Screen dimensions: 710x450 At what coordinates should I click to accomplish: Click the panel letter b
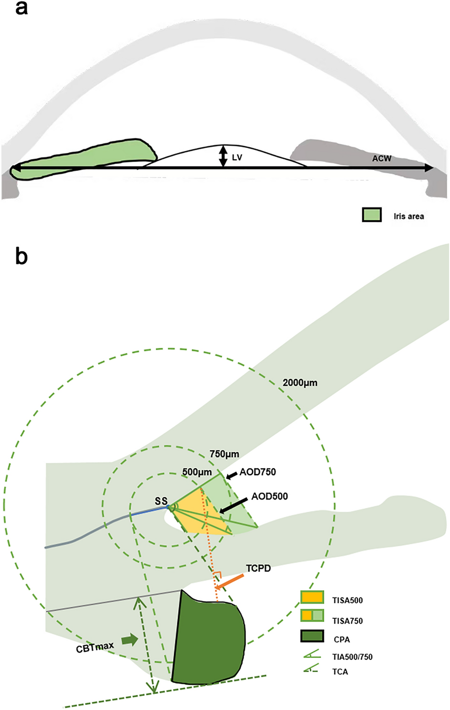(21, 256)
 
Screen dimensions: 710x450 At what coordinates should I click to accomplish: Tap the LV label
(237, 157)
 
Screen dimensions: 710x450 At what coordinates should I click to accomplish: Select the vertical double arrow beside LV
(223, 157)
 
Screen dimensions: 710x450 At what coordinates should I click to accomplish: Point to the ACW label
(381, 158)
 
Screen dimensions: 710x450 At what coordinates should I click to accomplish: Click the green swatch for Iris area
(372, 215)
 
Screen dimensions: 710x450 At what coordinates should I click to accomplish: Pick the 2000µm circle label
(300, 383)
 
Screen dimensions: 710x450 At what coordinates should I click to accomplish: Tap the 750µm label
(224, 454)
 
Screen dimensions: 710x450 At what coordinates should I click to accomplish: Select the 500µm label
(197, 472)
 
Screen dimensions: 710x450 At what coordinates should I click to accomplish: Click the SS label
(161, 501)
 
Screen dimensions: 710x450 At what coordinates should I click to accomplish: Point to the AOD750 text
(257, 472)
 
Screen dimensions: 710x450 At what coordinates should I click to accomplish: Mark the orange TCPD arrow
(230, 582)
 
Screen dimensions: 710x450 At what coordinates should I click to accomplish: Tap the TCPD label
(258, 568)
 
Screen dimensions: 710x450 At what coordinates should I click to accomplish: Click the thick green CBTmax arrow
(129, 639)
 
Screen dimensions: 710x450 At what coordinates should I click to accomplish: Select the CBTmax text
(95, 647)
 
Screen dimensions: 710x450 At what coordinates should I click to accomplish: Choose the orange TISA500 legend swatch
(312, 597)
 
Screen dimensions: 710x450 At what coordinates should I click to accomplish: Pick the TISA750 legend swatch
(312, 616)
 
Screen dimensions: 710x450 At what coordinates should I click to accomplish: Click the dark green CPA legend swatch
(312, 636)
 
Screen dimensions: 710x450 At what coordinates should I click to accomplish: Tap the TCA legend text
(340, 671)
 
